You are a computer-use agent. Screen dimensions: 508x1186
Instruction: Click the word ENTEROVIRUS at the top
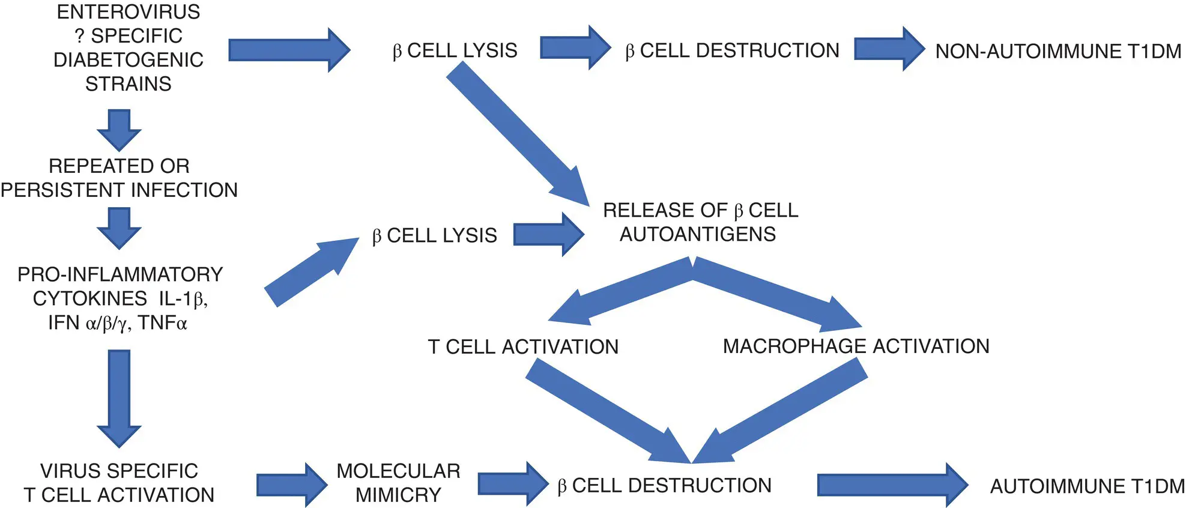point(129,12)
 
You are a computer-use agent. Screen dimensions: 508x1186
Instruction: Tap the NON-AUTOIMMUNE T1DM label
point(1058,52)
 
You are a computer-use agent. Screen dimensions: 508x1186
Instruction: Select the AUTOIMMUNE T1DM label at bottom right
point(1087,486)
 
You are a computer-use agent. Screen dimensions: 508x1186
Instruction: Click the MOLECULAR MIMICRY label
point(398,483)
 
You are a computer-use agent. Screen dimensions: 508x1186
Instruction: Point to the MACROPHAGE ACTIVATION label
point(856,346)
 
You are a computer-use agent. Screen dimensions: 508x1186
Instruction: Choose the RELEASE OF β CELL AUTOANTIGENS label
point(700,222)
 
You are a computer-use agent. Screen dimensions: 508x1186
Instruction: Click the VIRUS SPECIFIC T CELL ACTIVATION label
point(119,483)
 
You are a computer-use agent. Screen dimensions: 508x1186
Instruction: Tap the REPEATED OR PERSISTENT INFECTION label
point(119,178)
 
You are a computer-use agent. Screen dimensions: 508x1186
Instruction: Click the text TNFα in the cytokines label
point(163,323)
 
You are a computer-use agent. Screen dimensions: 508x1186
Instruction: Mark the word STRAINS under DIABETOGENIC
point(129,84)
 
